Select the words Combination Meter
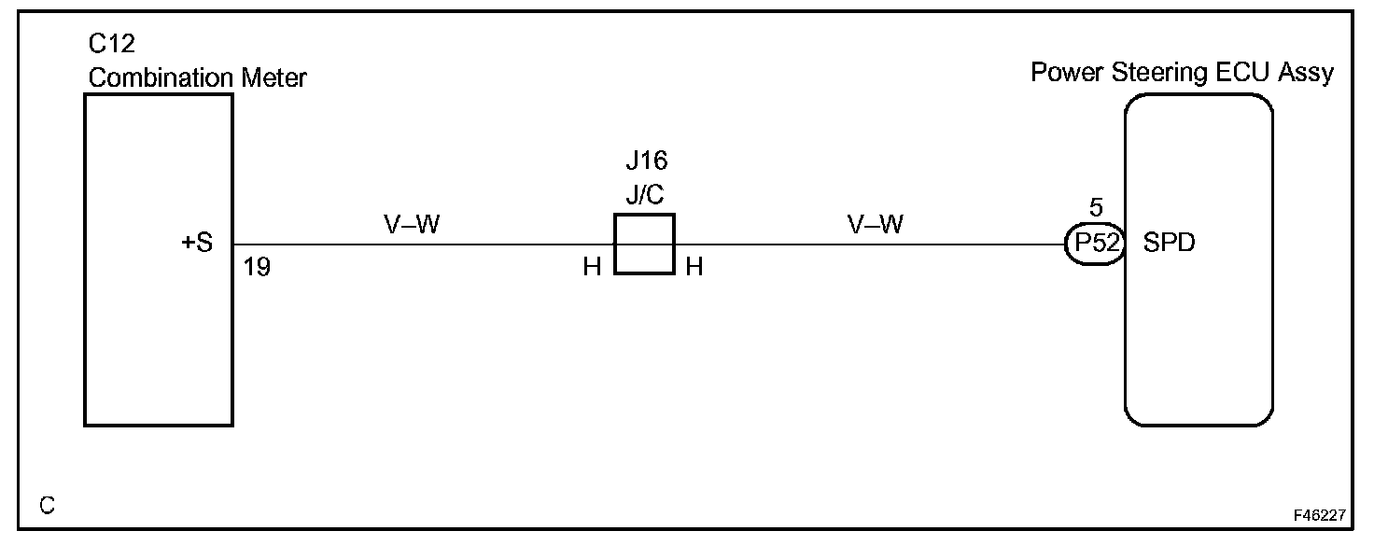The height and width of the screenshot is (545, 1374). click(197, 77)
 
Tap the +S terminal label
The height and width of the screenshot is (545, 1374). click(197, 245)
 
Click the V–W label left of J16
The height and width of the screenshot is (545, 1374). click(411, 225)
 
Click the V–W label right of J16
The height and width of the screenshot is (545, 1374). click(876, 225)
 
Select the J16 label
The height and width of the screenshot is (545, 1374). click(646, 161)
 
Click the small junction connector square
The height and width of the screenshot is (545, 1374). click(644, 245)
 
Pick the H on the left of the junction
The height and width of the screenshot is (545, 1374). click(592, 268)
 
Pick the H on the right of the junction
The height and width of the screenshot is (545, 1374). click(694, 268)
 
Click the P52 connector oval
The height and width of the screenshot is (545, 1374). click(1094, 245)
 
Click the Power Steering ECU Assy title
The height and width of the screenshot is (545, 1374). click(1182, 73)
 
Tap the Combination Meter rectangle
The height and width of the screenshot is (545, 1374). click(159, 345)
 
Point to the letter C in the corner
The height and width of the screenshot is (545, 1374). click(48, 506)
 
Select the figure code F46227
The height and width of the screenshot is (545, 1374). click(1319, 515)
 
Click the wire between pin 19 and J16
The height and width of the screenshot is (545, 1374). click(420, 245)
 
